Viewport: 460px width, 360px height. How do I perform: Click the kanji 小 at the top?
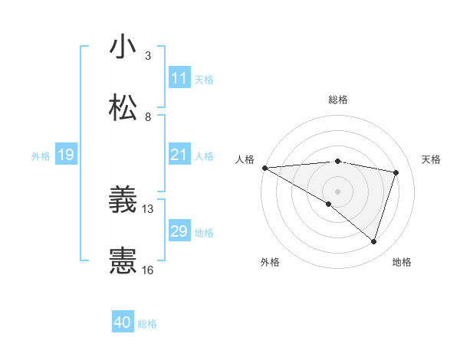point(123,47)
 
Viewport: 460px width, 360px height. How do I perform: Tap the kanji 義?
point(123,201)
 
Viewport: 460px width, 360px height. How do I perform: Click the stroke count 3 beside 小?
point(148,55)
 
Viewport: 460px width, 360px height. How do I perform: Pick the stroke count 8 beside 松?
point(148,116)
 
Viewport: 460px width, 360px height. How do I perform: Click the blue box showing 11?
point(179,78)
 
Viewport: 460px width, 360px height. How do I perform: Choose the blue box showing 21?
point(179,155)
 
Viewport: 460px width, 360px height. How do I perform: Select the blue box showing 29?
point(179,231)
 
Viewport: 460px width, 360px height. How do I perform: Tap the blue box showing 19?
point(65,155)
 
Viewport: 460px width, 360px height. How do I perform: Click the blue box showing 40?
point(123,323)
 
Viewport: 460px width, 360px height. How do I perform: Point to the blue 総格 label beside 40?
point(147,324)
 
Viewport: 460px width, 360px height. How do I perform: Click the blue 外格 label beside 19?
point(41,156)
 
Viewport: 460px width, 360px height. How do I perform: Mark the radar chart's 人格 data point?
point(264,168)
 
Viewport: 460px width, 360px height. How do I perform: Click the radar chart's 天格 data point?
point(396,172)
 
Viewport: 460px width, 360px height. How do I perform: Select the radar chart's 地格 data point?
point(374,241)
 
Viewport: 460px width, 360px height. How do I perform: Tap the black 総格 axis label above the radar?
point(338,100)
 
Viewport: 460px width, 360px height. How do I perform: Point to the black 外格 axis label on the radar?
point(270,262)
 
